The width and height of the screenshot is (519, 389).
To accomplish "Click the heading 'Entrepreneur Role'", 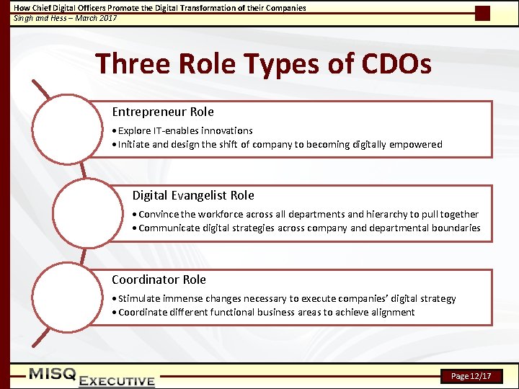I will pyautogui.click(x=162, y=112).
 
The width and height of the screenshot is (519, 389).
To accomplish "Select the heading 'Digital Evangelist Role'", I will pyautogui.click(x=192, y=196).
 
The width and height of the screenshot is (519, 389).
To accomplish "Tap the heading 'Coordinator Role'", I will pyautogui.click(x=159, y=280).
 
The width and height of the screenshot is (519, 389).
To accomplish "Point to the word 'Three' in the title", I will pyautogui.click(x=130, y=64).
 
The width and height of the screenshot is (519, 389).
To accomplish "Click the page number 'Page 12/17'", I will pyautogui.click(x=471, y=376).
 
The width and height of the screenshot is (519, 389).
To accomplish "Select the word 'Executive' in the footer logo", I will pyautogui.click(x=117, y=381).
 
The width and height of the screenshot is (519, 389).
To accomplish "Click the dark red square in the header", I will pyautogui.click(x=482, y=14).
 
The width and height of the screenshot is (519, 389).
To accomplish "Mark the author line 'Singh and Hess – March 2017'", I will pyautogui.click(x=66, y=18).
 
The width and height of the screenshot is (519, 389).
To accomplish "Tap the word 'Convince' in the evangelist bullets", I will pyautogui.click(x=159, y=215).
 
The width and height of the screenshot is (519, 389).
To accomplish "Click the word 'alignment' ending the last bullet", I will pyautogui.click(x=393, y=313).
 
